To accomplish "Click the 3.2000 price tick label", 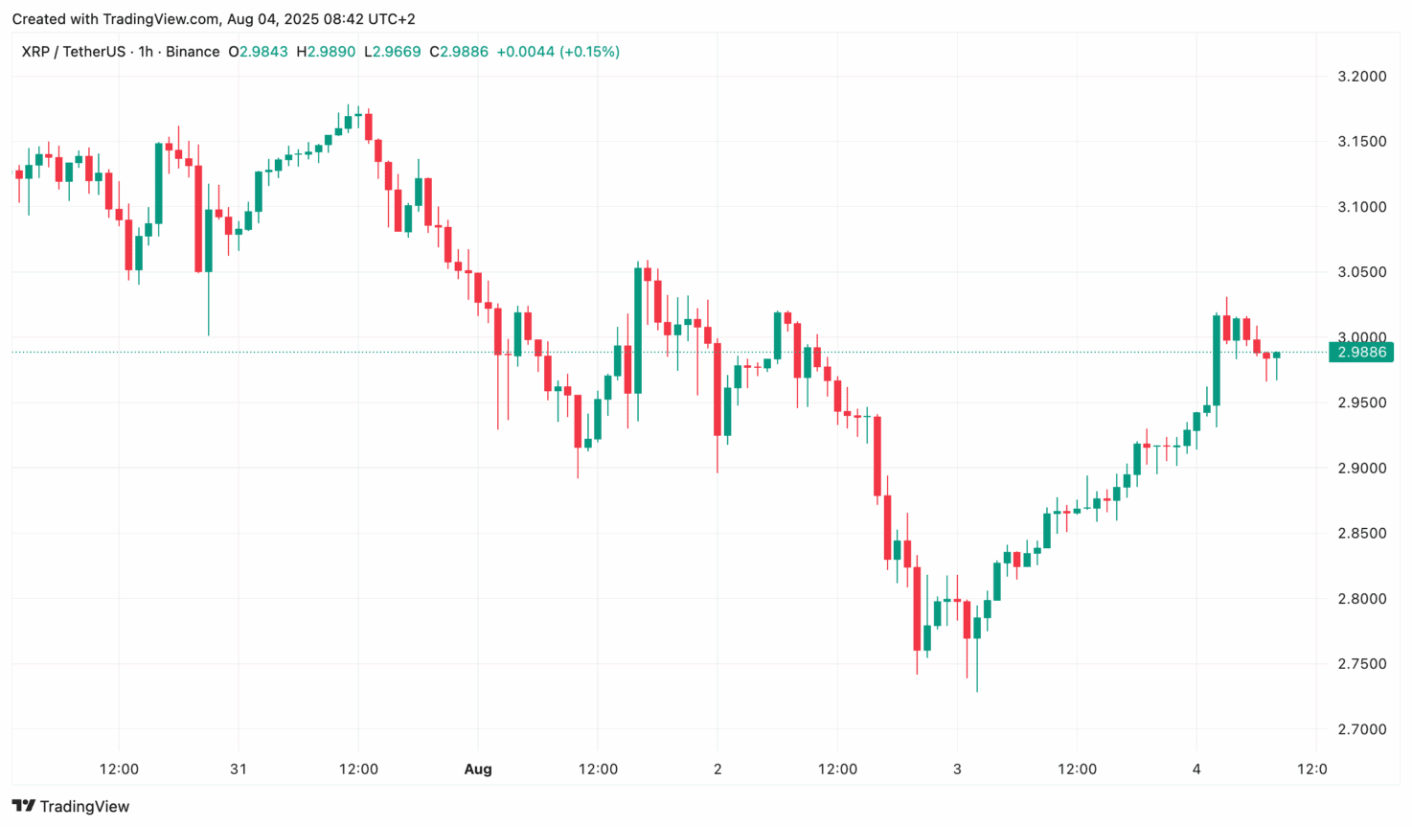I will (x=1361, y=77).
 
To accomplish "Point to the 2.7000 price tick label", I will (x=1361, y=729).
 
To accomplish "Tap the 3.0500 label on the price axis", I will (x=1361, y=272).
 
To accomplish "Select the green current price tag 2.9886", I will (x=1361, y=352).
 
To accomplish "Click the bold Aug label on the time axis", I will (x=477, y=769).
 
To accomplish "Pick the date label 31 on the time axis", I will (x=239, y=769).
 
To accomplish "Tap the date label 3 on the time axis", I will (x=957, y=769).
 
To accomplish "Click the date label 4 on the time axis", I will (x=1196, y=769).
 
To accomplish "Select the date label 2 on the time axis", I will (x=717, y=769).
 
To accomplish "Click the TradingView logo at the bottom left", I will (x=71, y=806).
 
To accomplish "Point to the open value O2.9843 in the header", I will (x=258, y=52).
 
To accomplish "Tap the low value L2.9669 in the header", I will (x=393, y=52).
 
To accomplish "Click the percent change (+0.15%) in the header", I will (x=589, y=52).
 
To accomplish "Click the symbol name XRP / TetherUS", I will (x=74, y=52).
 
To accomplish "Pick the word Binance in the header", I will (x=193, y=52).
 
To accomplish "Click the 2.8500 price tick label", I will (x=1361, y=534).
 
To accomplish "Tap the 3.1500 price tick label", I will (x=1361, y=142).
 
